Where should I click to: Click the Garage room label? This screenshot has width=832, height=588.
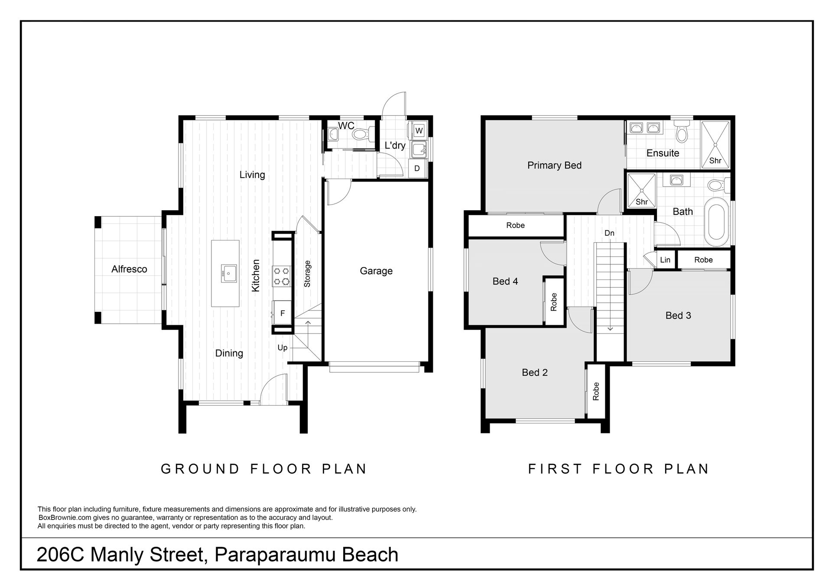pyautogui.click(x=376, y=271)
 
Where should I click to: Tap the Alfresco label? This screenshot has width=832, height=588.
pyautogui.click(x=129, y=269)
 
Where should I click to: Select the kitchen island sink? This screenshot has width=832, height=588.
pyautogui.click(x=229, y=273)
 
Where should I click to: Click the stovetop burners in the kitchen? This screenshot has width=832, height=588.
pyautogui.click(x=281, y=276)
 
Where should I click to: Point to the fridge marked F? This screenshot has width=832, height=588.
pyautogui.click(x=283, y=313)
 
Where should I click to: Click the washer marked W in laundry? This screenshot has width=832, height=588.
pyautogui.click(x=419, y=130)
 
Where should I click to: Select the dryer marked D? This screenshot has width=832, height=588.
pyautogui.click(x=417, y=168)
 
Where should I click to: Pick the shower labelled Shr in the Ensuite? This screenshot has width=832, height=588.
pyautogui.click(x=715, y=145)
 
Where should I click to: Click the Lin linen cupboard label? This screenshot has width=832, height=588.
pyautogui.click(x=665, y=260)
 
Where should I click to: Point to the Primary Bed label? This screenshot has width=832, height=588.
pyautogui.click(x=554, y=166)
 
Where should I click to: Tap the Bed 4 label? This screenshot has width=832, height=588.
pyautogui.click(x=505, y=282)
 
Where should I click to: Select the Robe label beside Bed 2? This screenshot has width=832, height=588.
pyautogui.click(x=596, y=391)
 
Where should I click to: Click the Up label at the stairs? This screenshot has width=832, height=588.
pyautogui.click(x=283, y=348)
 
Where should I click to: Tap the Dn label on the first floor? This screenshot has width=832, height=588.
pyautogui.click(x=609, y=233)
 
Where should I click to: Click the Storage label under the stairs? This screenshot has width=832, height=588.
pyautogui.click(x=307, y=274)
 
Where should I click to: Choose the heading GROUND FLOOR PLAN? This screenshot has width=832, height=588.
pyautogui.click(x=264, y=469)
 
